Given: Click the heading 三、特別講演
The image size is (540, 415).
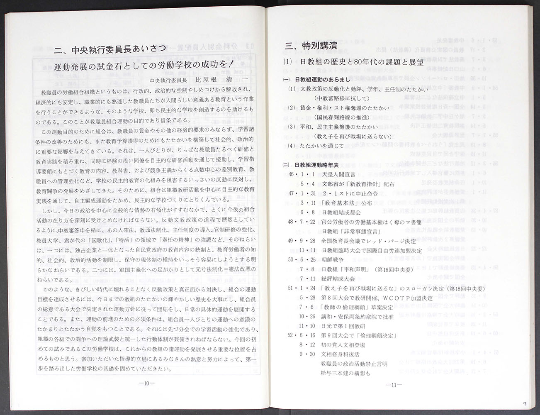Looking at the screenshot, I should [x=311, y=46].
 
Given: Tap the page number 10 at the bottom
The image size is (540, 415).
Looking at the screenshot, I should [x=147, y=383].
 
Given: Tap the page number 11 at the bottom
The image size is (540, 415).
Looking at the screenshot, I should [x=394, y=385].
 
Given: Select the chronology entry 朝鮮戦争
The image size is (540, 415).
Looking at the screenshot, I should [x=332, y=259].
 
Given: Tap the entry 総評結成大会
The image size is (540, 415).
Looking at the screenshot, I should [x=338, y=278].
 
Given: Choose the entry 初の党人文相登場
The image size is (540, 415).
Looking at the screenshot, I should [x=343, y=345].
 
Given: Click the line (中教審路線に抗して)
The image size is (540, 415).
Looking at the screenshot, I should [x=342, y=98].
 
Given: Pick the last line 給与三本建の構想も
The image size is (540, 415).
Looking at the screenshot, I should [x=345, y=373].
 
